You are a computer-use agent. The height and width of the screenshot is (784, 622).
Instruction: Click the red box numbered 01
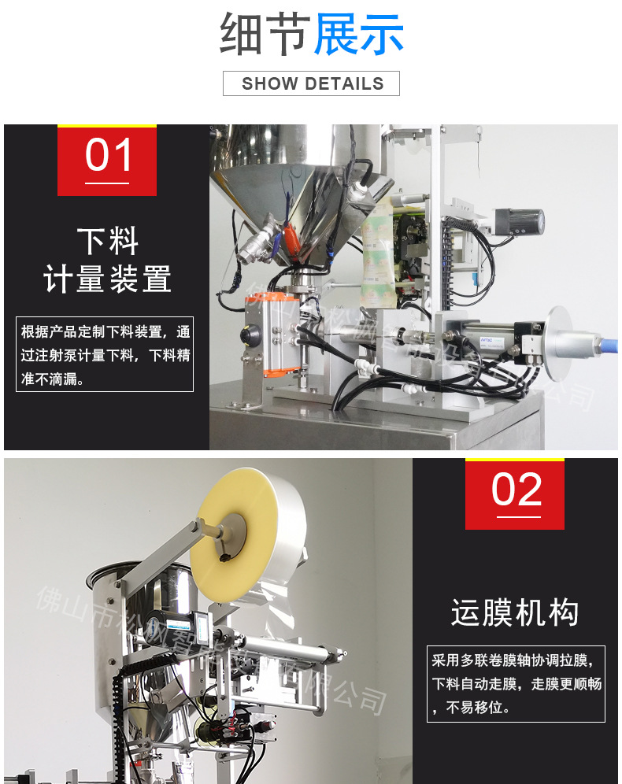tap(107, 160)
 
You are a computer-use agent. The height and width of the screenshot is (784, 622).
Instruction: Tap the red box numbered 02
tap(515, 494)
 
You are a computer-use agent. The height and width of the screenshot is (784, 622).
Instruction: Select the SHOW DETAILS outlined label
tap(311, 83)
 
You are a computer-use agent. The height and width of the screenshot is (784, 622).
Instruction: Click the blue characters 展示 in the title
tap(359, 34)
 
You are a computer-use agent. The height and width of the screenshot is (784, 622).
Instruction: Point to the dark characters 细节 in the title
tap(265, 34)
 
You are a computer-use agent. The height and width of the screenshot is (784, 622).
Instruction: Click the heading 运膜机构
tap(515, 613)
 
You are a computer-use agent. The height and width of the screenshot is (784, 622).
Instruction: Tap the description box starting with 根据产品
tap(105, 354)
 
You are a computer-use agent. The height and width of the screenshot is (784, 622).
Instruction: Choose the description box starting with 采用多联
tap(516, 682)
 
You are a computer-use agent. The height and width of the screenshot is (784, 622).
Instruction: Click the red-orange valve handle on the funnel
tap(289, 235)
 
